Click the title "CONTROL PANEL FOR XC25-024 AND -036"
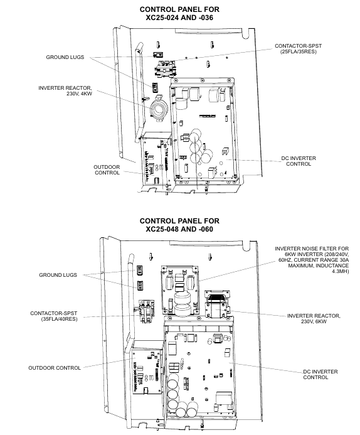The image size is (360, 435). (x=179, y=13)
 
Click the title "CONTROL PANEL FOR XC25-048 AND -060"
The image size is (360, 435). (x=179, y=225)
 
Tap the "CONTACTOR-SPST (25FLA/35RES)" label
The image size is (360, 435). (x=298, y=48)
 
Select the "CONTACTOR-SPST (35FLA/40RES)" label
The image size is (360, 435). (x=54, y=316)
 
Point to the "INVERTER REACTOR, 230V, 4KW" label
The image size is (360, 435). (x=65, y=91)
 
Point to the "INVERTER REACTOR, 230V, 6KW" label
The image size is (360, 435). (x=314, y=318)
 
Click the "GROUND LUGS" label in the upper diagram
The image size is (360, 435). (x=65, y=57)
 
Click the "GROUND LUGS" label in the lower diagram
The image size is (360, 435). (x=58, y=275)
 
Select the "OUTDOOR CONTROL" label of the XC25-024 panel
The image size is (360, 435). (x=107, y=169)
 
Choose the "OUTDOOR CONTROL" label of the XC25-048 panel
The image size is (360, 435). (x=55, y=368)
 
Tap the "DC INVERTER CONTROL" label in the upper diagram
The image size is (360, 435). (x=299, y=161)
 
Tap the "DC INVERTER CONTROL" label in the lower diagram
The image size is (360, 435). (x=320, y=374)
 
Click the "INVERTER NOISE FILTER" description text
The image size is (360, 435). (x=312, y=260)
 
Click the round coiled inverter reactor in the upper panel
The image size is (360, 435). (x=159, y=109)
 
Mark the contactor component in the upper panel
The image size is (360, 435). (x=165, y=69)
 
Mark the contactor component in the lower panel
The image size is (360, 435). (x=146, y=311)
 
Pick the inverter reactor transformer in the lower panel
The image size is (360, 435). (x=217, y=304)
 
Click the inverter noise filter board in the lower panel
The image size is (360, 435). (x=180, y=290)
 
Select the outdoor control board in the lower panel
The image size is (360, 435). (x=147, y=372)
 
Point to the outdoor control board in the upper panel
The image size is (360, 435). (x=157, y=160)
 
